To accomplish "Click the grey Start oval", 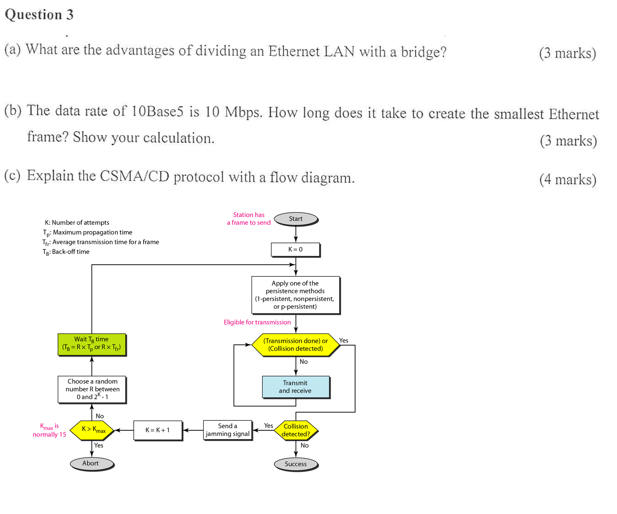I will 296,219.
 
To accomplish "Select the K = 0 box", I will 295,249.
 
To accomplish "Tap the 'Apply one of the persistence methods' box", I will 295,295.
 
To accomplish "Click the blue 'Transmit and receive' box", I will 295,387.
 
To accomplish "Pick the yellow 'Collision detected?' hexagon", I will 296,430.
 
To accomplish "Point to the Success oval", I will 296,464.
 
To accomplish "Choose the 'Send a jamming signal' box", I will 228,430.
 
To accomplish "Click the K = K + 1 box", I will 158,430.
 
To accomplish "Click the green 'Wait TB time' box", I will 92,344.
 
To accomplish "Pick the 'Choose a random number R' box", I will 92,389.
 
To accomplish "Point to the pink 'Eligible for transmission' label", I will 257,322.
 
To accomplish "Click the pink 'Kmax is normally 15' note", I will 49,430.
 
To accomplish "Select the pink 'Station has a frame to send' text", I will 249,219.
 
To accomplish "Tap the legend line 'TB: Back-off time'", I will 66,252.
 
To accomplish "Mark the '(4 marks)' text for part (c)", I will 568,179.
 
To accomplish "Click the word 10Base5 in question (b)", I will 157,111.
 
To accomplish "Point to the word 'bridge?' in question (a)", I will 423,52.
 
